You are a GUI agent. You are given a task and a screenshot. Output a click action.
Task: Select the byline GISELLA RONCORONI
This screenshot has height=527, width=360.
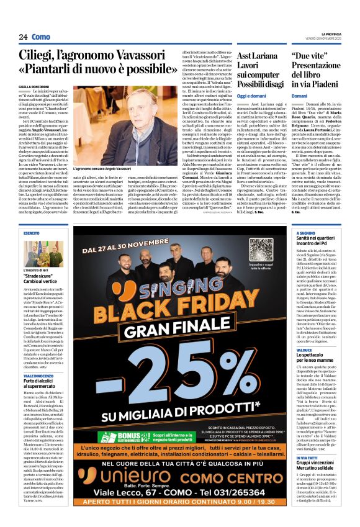34,87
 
